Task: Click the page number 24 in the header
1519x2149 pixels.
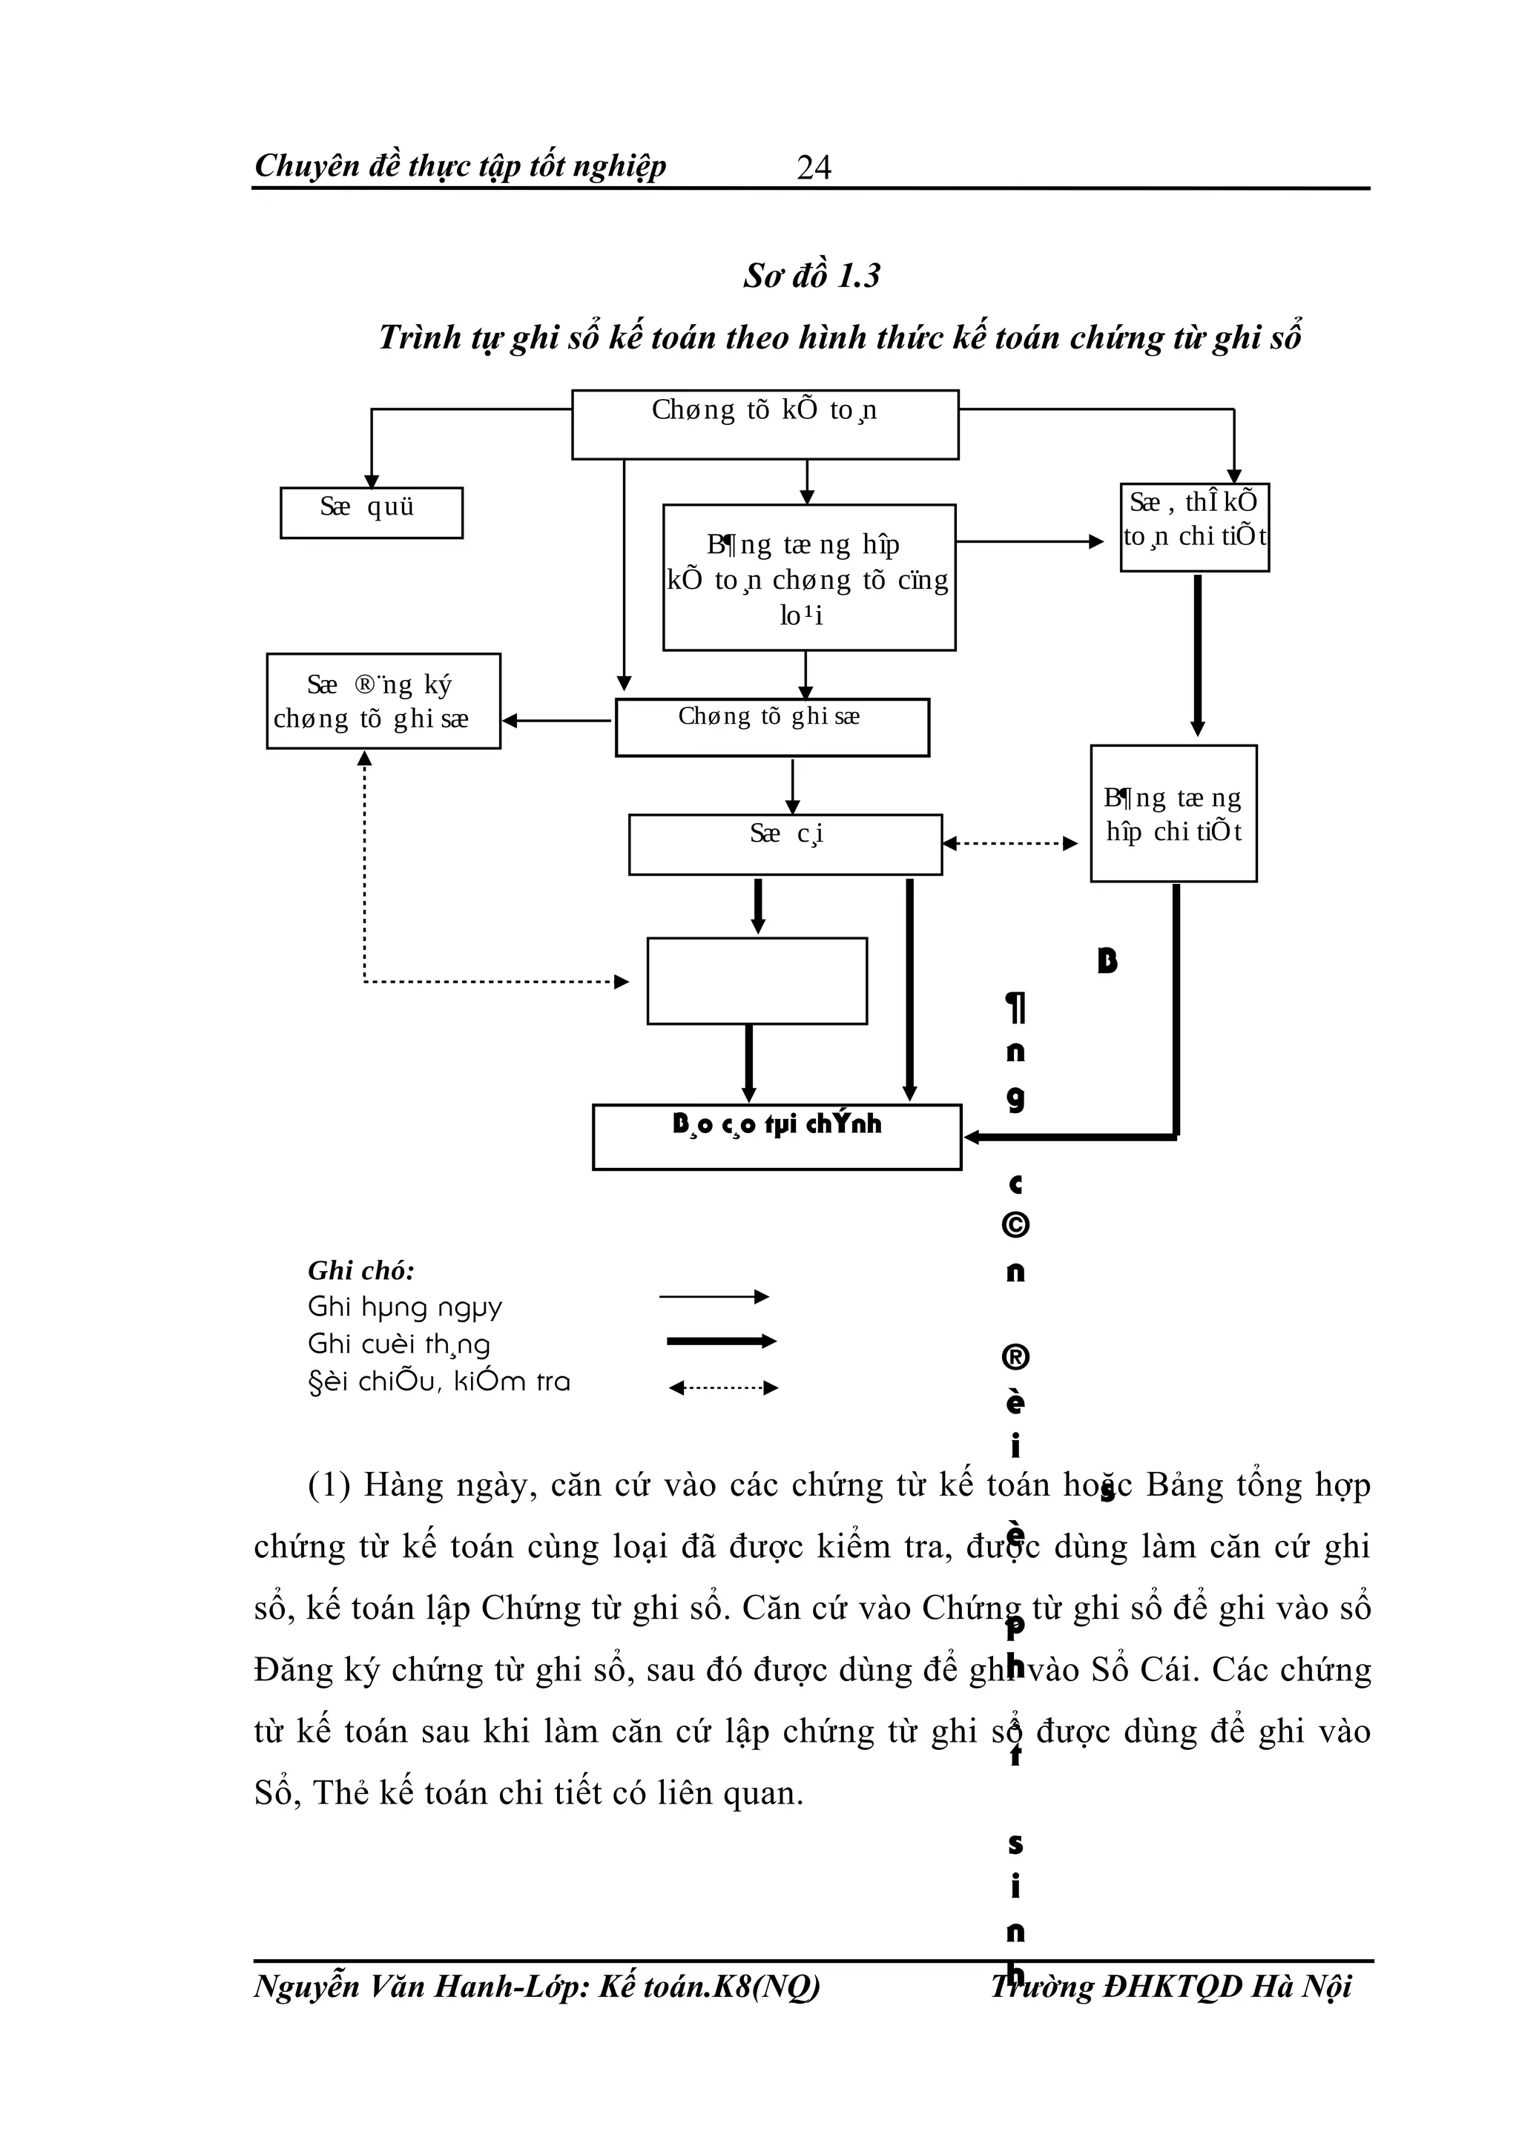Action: pos(814,168)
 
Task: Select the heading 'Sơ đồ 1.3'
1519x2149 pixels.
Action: pos(811,276)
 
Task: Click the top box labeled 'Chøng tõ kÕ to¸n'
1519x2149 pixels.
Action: pos(765,425)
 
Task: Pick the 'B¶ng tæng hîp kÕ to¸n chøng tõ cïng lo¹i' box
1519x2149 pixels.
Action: pos(808,578)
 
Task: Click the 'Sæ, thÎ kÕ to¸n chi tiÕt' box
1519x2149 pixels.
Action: pos(1194,527)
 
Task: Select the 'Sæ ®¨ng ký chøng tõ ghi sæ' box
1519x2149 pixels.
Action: pos(383,701)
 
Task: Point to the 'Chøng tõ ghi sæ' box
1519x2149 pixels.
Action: pos(771,727)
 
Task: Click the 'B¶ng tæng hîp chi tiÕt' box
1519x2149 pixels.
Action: pos(1173,813)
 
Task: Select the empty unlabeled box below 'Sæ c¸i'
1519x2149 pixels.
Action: pos(757,981)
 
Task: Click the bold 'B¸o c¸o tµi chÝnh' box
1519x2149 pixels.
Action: pos(776,1136)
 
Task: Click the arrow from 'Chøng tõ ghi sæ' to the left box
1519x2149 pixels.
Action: pos(557,721)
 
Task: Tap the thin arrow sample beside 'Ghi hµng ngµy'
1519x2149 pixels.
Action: pos(714,1296)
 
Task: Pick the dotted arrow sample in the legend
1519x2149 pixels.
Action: pos(722,1387)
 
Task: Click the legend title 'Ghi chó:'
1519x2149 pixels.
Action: pos(361,1270)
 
